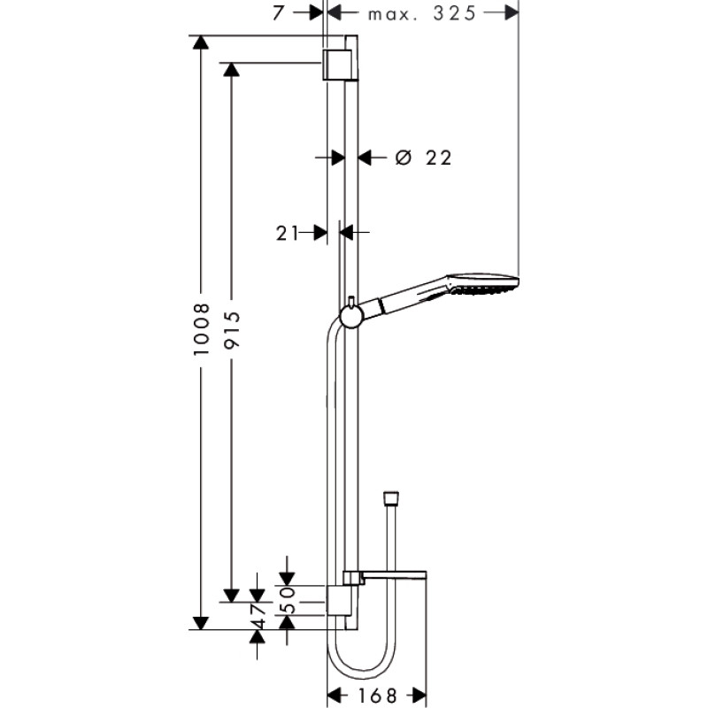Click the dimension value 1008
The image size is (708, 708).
tap(201, 329)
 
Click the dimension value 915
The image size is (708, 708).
tap(231, 329)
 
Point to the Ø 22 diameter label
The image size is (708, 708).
tap(423, 158)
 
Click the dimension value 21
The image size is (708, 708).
tap(286, 233)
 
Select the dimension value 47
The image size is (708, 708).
tap(258, 617)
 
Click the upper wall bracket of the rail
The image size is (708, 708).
tap(336, 65)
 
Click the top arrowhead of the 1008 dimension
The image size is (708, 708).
tap(201, 42)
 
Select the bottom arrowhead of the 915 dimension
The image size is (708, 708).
tap(231, 595)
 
